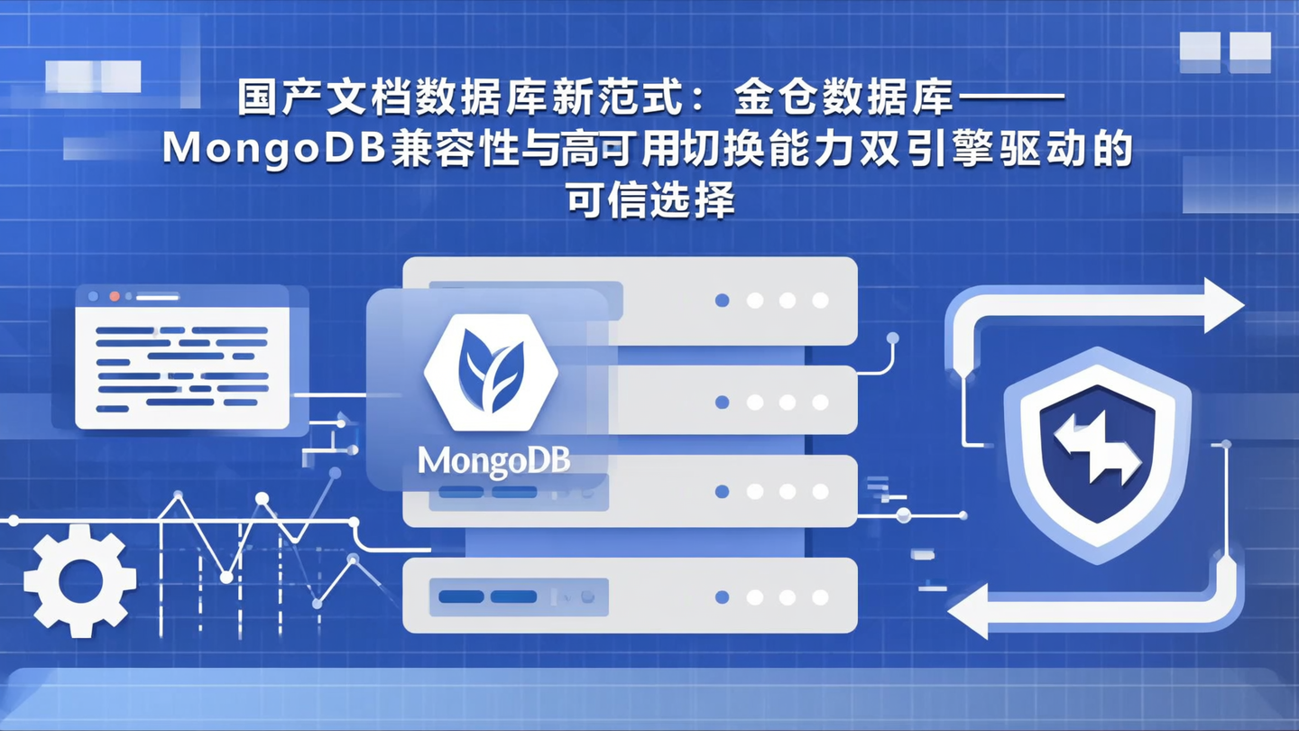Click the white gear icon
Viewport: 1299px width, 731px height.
pos(79,580)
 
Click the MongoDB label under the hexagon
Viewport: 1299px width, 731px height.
pos(493,461)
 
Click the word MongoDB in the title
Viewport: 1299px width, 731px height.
pos(276,150)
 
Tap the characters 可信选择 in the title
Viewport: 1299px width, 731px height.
pos(649,199)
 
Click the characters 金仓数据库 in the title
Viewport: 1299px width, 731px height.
pos(843,99)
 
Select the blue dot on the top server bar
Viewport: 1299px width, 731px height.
pos(722,300)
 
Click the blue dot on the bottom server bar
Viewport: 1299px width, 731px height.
pos(722,597)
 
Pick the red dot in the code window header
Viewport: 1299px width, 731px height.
pos(115,295)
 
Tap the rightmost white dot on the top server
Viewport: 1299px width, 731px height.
pos(820,300)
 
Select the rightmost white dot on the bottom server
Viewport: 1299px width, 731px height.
pos(820,597)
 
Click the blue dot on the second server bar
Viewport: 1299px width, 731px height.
pos(722,403)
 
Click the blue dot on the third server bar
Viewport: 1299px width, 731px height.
pos(722,492)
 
